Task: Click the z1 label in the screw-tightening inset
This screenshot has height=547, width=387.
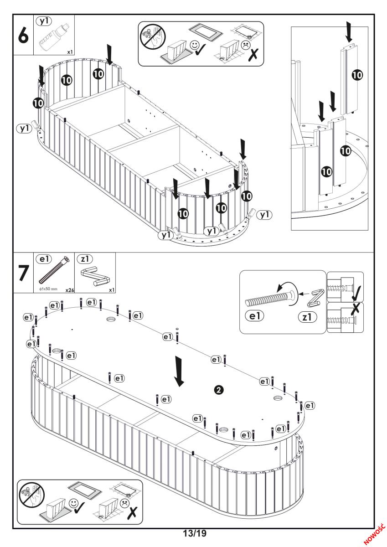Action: click(x=308, y=315)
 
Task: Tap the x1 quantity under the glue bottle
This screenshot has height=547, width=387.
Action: click(x=70, y=52)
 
